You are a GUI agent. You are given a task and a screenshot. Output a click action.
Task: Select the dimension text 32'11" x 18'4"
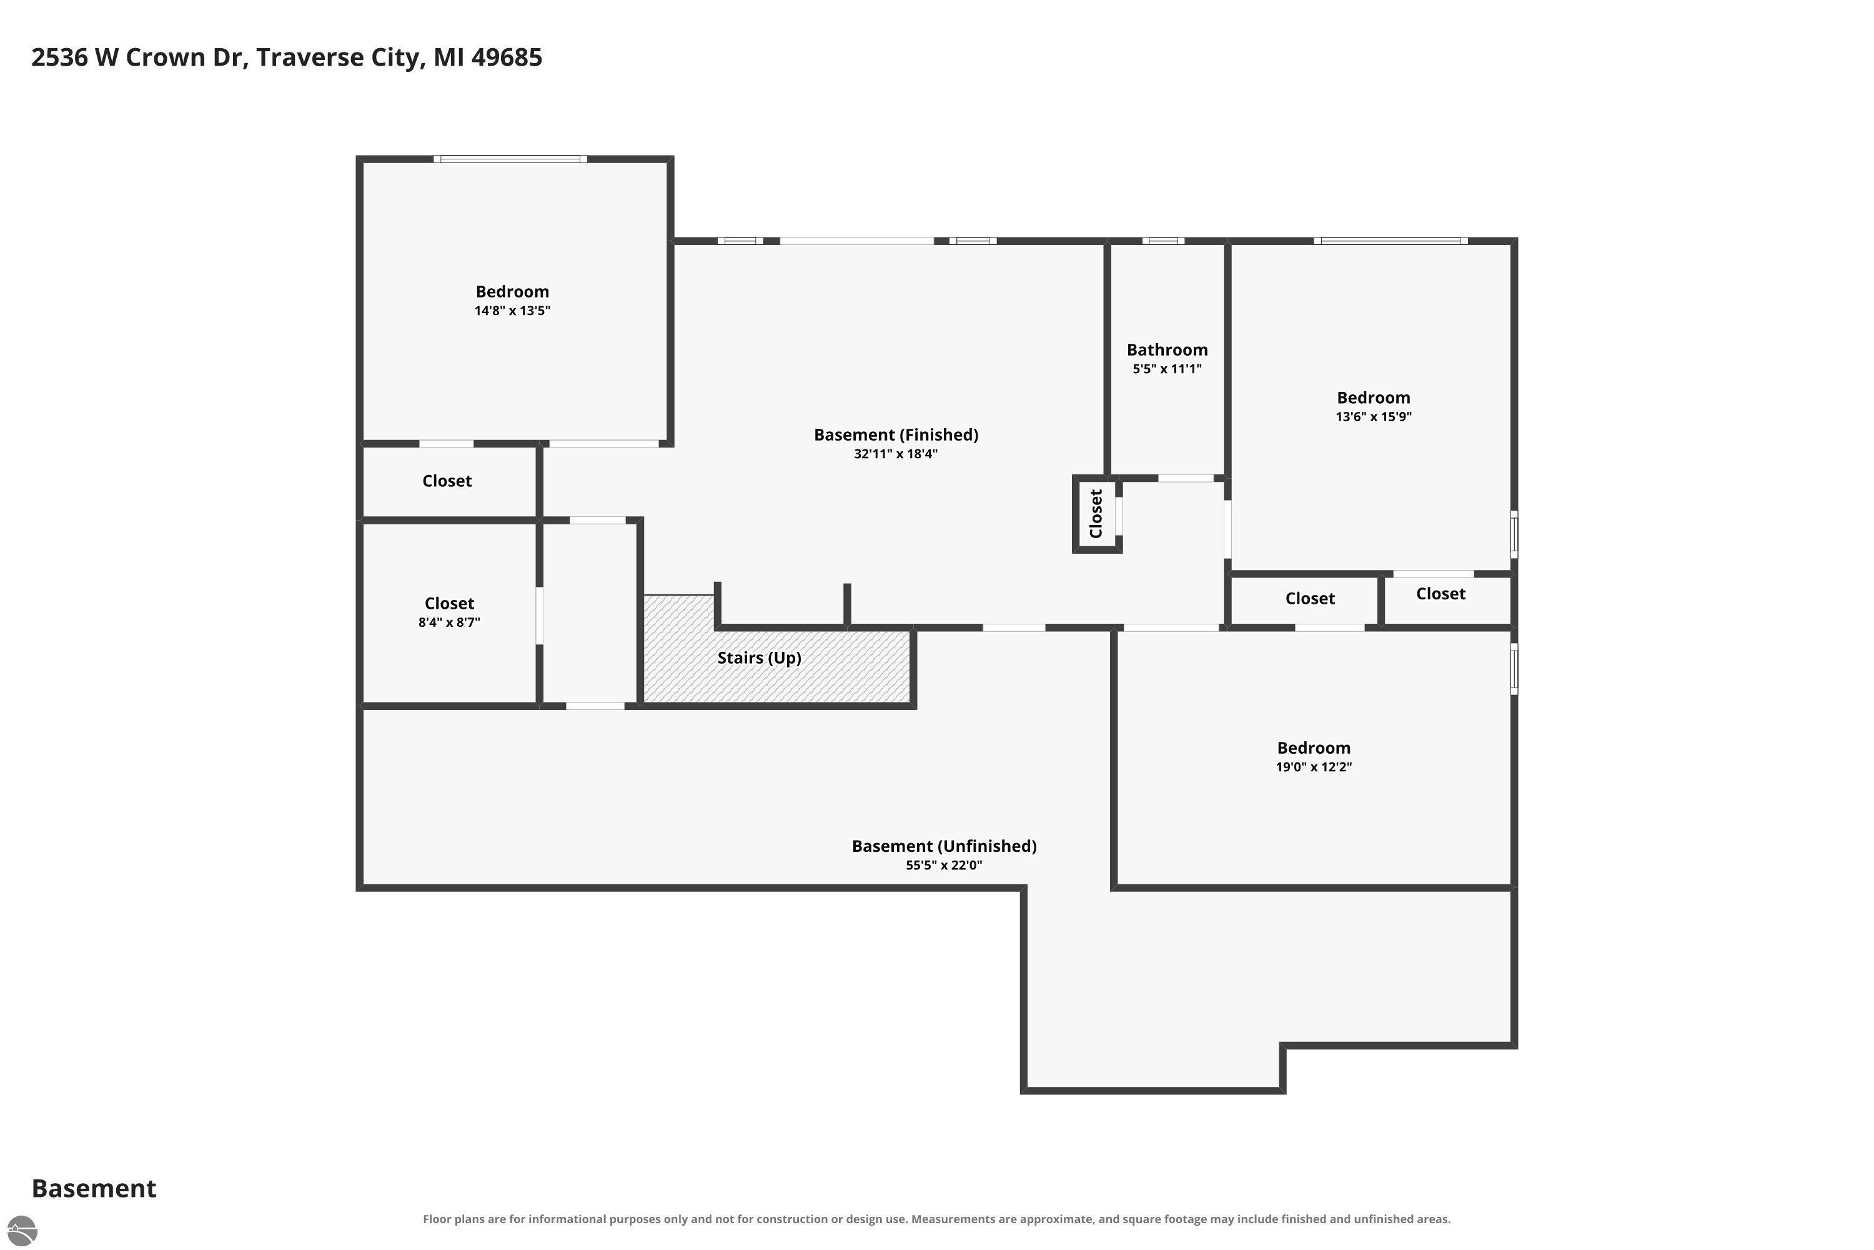[896, 454]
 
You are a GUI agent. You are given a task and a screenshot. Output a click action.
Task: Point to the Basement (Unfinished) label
[944, 846]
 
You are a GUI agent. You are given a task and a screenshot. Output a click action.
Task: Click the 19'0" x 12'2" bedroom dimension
[1314, 767]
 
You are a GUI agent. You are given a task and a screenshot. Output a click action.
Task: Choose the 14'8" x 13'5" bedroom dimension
[512, 311]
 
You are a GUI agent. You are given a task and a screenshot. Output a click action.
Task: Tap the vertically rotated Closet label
[1096, 514]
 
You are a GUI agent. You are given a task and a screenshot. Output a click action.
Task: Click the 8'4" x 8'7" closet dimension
[449, 622]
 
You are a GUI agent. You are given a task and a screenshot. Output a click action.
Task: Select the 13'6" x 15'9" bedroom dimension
[1374, 416]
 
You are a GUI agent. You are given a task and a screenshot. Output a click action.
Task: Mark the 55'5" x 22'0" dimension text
[944, 865]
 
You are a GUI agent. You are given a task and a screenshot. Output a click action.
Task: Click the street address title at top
[287, 57]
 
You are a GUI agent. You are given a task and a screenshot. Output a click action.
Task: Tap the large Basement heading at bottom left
[94, 1188]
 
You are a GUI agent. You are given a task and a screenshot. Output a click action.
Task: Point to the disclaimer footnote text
[936, 1219]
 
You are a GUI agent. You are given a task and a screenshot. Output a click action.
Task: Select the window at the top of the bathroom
[1163, 241]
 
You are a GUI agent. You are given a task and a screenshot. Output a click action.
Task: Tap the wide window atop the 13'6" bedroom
[1391, 241]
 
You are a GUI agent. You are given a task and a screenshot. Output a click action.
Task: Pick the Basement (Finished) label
[896, 434]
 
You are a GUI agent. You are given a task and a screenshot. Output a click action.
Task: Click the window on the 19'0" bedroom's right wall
[1514, 669]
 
